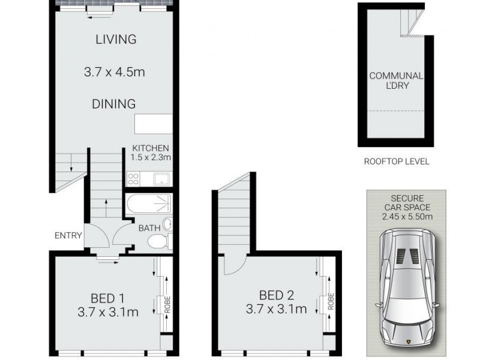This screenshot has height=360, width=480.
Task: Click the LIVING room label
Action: pos(115,40)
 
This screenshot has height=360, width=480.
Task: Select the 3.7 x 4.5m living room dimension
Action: pos(115,73)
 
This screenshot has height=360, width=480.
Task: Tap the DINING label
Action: pos(113,104)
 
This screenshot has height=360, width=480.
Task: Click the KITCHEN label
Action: pos(151,148)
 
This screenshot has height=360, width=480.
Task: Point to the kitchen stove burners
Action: pos(133,178)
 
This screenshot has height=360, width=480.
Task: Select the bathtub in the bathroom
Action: pos(149,205)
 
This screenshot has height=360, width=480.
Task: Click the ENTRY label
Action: pos(68,236)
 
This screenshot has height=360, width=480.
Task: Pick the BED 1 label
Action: pos(108,298)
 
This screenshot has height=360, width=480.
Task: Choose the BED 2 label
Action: pos(277,295)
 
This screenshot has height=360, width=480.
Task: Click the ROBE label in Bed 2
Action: pos(331,302)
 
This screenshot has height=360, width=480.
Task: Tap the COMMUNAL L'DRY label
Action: pos(395,80)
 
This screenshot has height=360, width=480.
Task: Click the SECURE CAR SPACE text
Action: pos(407,202)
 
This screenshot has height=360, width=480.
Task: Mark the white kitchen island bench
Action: pos(153,124)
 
